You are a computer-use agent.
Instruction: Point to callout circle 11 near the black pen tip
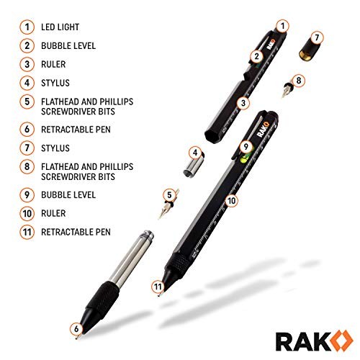[157, 287]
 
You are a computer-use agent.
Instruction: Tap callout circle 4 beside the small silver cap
[194, 152]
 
